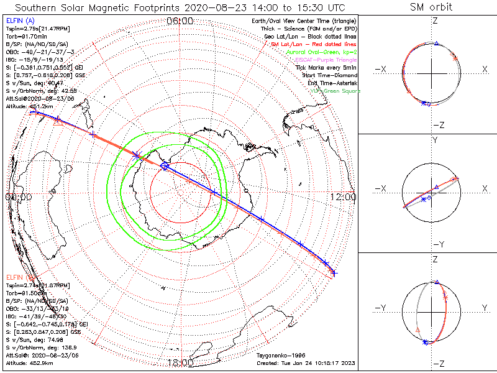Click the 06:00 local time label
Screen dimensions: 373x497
click(180, 21)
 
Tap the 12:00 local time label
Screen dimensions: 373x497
click(344, 197)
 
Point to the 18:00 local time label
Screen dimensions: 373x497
click(180, 363)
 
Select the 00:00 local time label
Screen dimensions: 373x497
click(18, 197)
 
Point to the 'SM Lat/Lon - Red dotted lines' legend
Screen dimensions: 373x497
click(316, 45)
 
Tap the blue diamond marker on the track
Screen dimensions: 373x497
click(165, 166)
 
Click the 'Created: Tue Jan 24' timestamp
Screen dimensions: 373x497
click(305, 362)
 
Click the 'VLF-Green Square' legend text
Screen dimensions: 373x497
click(335, 91)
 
